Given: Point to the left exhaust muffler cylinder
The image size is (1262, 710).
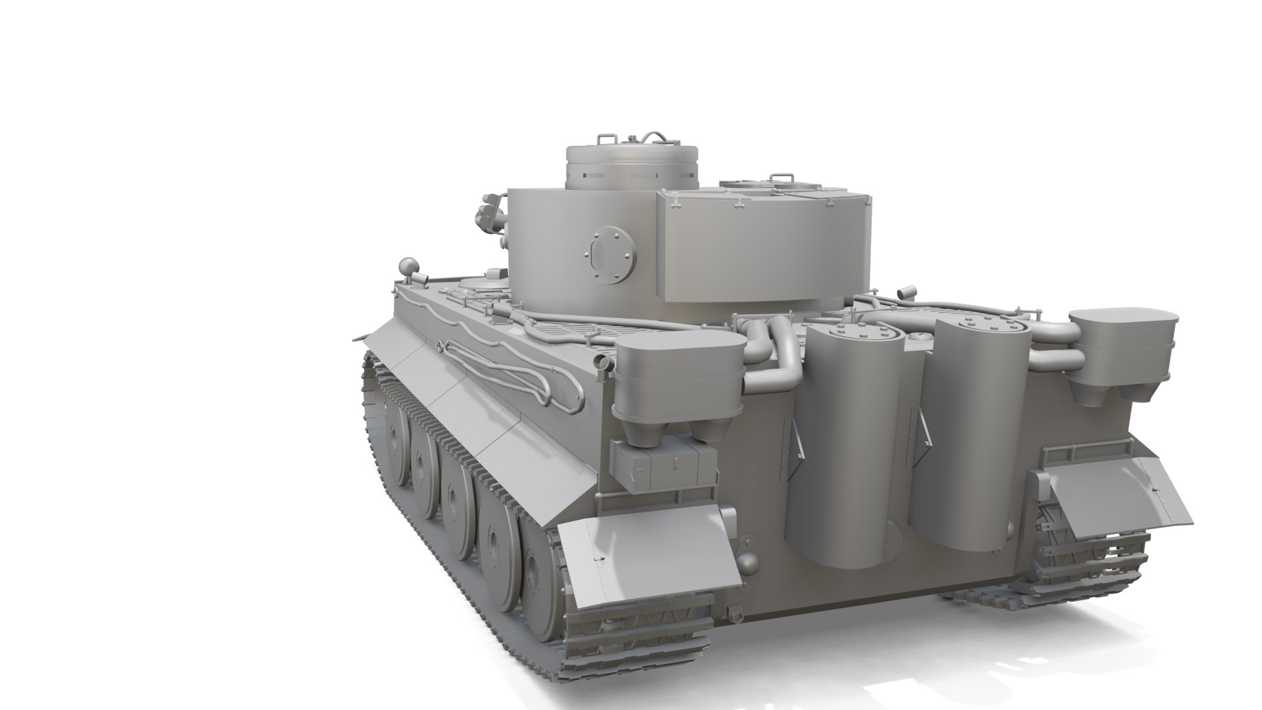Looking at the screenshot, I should (x=845, y=434).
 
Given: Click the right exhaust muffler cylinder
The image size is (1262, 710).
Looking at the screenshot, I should (x=973, y=427).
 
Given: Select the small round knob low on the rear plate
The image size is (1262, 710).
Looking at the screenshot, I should (x=747, y=562).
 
